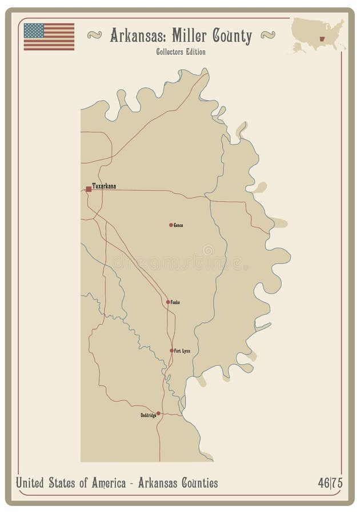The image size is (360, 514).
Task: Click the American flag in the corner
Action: [x=49, y=37]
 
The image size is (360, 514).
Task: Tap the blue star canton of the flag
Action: [x=34, y=31]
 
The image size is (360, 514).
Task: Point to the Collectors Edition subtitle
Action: [x=181, y=52]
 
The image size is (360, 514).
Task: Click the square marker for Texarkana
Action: [x=89, y=188]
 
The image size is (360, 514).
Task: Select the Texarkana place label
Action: [x=105, y=187]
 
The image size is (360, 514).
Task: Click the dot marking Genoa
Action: [x=171, y=225]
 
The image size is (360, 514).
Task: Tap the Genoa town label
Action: [x=179, y=225]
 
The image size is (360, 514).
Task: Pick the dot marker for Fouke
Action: [x=168, y=302]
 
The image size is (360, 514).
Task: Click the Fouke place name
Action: [x=175, y=302]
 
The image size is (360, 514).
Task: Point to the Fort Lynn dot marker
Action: [x=171, y=351]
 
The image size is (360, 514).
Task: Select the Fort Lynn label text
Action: [x=182, y=351]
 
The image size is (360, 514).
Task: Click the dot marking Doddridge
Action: [x=158, y=413]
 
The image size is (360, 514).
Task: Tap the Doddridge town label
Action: [x=148, y=415]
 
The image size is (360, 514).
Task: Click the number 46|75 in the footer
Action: [x=330, y=483]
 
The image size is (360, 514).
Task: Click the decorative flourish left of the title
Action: [x=95, y=35]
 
